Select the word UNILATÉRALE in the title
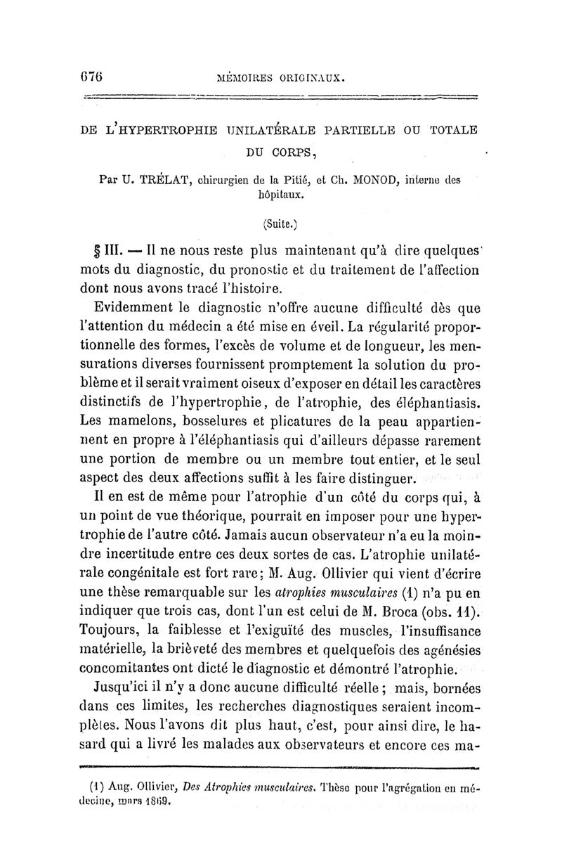254,129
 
